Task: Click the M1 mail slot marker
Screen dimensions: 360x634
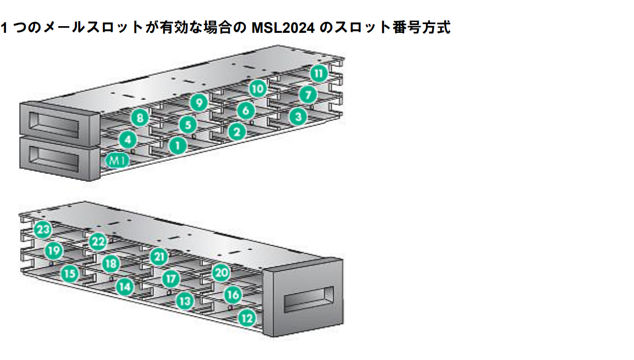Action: [x=117, y=161]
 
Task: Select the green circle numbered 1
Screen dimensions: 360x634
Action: [x=177, y=146]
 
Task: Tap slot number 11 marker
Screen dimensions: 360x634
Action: [x=318, y=73]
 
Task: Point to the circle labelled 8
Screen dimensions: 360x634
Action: [x=139, y=118]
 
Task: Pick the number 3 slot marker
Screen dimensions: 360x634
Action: [x=297, y=117]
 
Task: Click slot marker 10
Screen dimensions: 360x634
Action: [x=258, y=89]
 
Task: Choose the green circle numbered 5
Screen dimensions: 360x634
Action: [x=188, y=124]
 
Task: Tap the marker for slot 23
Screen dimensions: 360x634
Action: [x=43, y=229]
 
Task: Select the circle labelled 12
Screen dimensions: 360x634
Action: [x=247, y=318]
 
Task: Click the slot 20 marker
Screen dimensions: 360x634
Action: [x=221, y=273]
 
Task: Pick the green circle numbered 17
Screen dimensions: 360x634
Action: [x=171, y=279]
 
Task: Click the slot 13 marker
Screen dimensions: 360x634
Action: [x=185, y=301]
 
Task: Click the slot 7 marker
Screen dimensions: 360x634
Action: [x=307, y=95]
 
